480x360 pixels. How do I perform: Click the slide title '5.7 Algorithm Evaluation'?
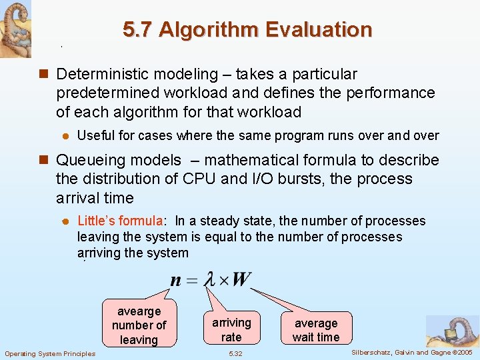pyautogui.click(x=247, y=30)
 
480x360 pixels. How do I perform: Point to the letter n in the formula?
pyautogui.click(x=175, y=280)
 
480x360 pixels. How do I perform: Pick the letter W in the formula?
pyautogui.click(x=240, y=279)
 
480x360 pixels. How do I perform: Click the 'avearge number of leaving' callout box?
pyautogui.click(x=139, y=325)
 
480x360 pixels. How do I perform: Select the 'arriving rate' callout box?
pyautogui.click(x=231, y=329)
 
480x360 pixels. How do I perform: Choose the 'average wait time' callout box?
pyautogui.click(x=316, y=330)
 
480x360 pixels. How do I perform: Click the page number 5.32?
pyautogui.click(x=235, y=353)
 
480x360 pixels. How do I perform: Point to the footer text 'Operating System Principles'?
pyautogui.click(x=50, y=353)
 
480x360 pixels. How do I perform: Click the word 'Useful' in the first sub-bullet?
pyautogui.click(x=96, y=136)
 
